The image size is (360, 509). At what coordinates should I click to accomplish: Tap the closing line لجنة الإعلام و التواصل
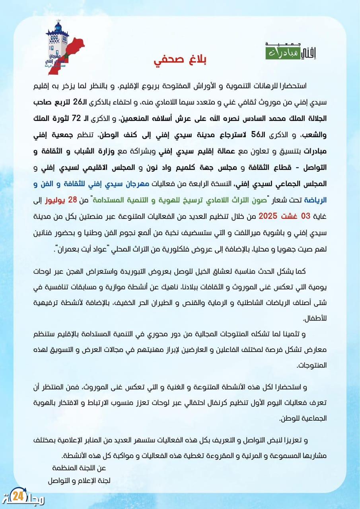click(79, 480)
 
